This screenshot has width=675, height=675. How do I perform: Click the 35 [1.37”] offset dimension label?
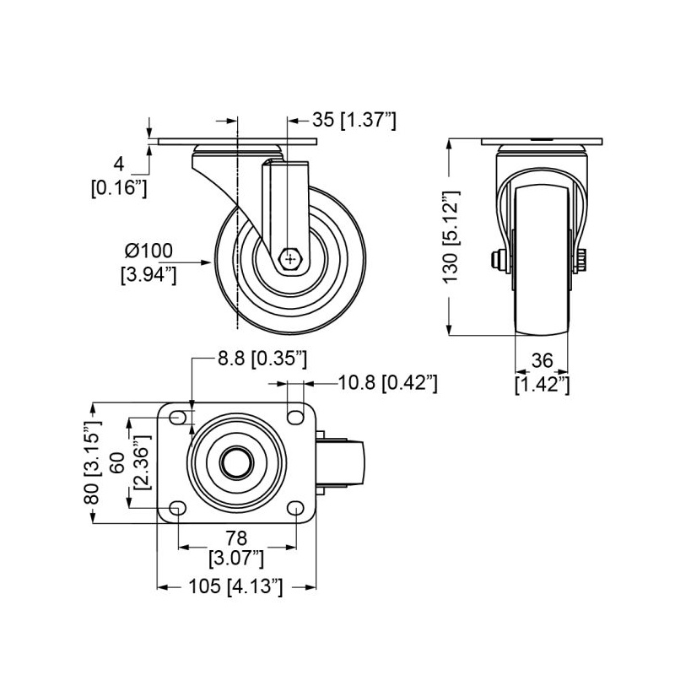[x=354, y=120]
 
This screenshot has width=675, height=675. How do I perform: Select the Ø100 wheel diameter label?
[x=148, y=251]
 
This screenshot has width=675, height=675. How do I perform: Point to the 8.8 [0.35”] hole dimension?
[x=262, y=358]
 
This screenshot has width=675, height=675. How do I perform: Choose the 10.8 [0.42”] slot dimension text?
[x=388, y=383]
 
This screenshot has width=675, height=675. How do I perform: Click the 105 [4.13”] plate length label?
[x=236, y=586]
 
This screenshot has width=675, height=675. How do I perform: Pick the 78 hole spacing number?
[x=236, y=538]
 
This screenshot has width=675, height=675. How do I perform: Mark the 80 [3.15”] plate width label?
[x=93, y=462]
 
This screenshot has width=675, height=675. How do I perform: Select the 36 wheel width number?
[x=542, y=361]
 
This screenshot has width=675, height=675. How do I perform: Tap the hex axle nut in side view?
[x=291, y=259]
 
